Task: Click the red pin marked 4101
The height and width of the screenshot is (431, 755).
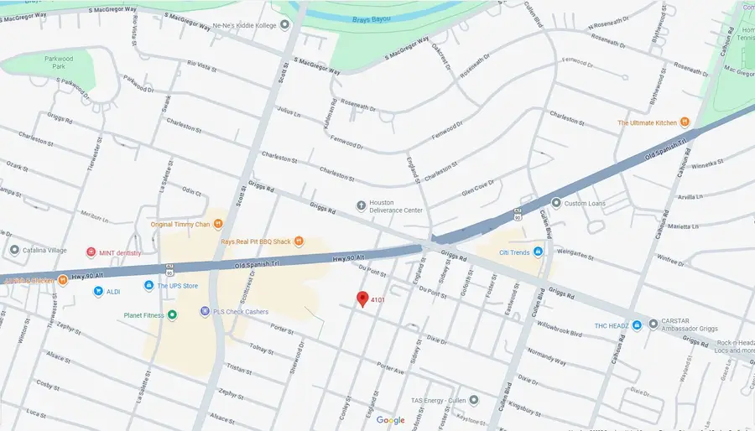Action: point(362,299)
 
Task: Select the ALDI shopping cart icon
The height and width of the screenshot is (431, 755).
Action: point(98,291)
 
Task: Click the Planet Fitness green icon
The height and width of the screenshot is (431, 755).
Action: point(172,314)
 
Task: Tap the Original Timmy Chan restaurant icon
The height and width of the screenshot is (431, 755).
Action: point(217,224)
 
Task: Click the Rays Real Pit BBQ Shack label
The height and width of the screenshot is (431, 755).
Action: point(255,241)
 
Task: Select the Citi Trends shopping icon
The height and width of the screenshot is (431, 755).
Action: point(538,252)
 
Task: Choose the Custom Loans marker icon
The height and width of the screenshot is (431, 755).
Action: point(555,203)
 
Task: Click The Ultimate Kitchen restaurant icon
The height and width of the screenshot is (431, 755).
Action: point(685,122)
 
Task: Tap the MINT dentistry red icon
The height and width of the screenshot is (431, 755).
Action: point(91,252)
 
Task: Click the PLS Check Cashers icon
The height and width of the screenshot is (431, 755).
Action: point(204,311)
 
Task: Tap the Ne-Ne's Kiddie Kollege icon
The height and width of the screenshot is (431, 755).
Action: point(284,24)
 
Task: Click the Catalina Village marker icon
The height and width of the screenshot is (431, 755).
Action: point(14,250)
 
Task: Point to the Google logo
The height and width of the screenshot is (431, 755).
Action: point(390,419)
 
